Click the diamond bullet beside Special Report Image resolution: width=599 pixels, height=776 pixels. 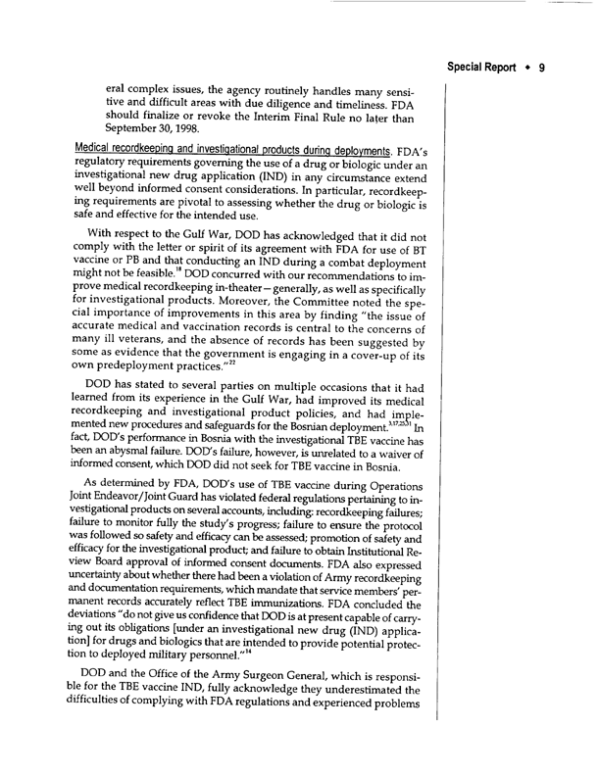click(x=540, y=45)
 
